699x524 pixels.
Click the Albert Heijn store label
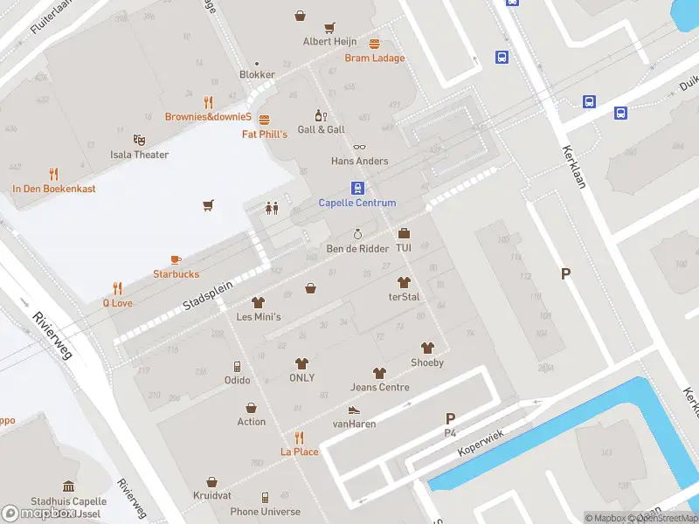[329, 42]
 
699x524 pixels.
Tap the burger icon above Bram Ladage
[375, 44]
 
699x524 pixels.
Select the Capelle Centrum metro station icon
[357, 188]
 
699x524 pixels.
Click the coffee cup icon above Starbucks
[176, 259]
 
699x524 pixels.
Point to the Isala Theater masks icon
[139, 140]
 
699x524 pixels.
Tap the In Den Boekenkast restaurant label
[54, 189]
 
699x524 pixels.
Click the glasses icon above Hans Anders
[359, 147]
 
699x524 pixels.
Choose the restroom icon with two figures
[272, 208]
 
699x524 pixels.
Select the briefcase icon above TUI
[404, 233]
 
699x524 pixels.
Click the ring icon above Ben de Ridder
[356, 234]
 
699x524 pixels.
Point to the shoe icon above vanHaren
[354, 409]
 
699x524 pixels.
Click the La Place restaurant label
[299, 452]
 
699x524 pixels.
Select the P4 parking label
[451, 433]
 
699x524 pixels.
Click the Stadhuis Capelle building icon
[68, 486]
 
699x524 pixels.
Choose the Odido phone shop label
[237, 380]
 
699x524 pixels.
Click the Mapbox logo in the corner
[37, 514]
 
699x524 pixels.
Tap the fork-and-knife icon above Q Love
[118, 288]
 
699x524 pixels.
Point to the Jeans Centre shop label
[380, 387]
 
